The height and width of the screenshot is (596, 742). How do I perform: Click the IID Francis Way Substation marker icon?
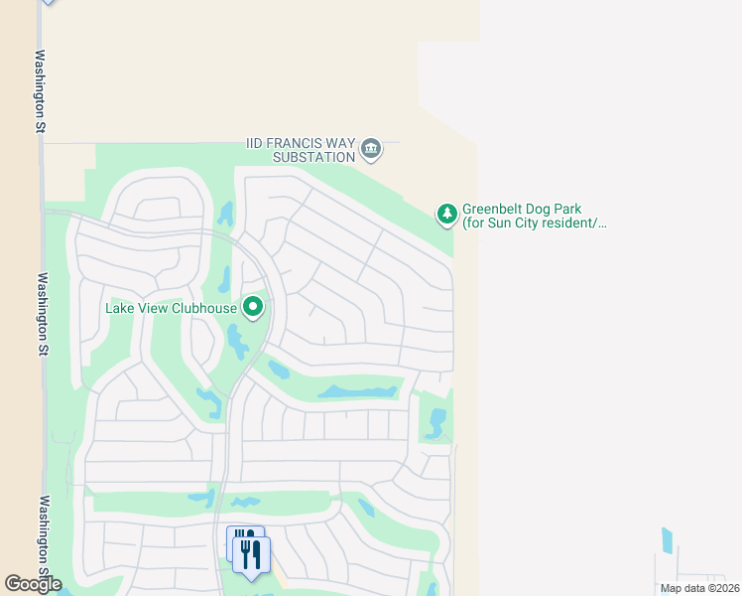point(371,149)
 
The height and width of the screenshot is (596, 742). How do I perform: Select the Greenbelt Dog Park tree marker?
point(447,213)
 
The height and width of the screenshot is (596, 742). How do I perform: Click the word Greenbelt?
point(493,210)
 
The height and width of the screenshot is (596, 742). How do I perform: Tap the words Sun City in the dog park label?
point(512,223)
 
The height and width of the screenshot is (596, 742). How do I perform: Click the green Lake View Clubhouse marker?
point(253,308)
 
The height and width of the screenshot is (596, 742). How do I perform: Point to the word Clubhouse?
point(203,308)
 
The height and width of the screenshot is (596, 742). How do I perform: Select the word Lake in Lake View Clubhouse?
point(120,308)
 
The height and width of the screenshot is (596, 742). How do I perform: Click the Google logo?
point(33,584)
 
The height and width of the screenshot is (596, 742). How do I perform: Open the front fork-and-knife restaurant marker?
point(252,555)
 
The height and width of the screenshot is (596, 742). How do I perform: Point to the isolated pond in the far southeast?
point(667,540)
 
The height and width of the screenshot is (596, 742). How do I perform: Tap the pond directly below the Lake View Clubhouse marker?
point(237,343)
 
